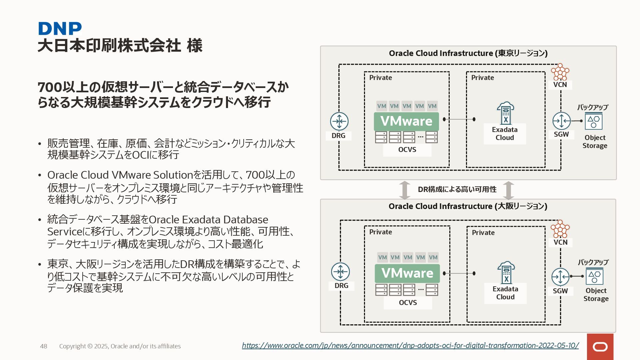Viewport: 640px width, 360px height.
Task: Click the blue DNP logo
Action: (60, 29)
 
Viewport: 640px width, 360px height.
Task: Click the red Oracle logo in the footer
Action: (600, 347)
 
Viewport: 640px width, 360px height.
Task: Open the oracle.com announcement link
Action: (410, 345)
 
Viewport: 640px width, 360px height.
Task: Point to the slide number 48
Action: (44, 346)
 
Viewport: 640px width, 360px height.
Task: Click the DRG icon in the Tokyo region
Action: (339, 121)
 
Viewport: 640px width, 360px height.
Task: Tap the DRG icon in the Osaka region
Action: (340, 272)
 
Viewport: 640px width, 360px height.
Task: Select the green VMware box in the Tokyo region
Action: (406, 121)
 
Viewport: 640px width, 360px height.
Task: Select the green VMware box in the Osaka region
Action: (407, 273)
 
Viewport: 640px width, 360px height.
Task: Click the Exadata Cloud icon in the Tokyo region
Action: (505, 113)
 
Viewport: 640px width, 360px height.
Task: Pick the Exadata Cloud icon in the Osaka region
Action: (506, 272)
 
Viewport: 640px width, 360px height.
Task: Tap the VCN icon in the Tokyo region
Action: (560, 72)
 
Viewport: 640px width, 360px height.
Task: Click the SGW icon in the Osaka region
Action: (560, 277)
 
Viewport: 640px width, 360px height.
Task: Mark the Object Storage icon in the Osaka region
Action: (595, 276)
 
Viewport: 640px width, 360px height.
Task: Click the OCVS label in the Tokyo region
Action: (407, 150)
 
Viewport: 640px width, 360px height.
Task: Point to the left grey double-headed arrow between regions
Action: (405, 190)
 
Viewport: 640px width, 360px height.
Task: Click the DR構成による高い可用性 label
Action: (457, 189)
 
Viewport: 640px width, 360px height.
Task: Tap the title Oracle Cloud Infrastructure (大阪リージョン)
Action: (468, 206)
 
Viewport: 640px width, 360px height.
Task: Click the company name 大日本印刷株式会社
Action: (109, 46)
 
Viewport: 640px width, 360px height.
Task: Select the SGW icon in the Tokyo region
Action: (561, 121)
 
